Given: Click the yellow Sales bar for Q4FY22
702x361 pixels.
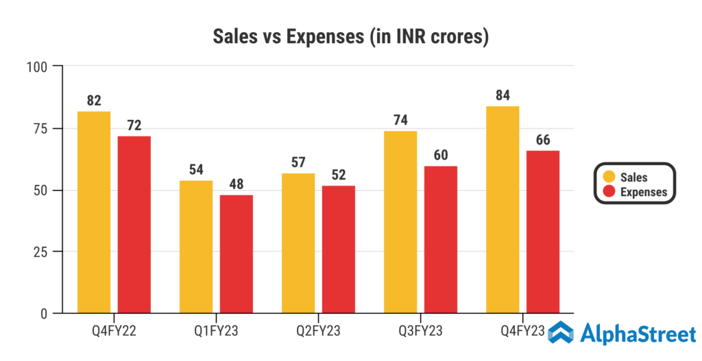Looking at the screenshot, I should tap(94, 212).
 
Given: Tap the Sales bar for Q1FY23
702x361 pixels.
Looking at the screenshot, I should tap(196, 247).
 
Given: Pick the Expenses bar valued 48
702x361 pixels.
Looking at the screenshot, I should tap(237, 254).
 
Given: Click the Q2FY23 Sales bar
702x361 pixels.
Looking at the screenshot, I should tap(298, 243).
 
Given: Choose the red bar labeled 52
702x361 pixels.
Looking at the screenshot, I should tap(339, 249).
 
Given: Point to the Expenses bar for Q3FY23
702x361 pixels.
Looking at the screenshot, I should tap(441, 240).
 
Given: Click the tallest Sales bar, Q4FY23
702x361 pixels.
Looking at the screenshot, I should tap(503, 210).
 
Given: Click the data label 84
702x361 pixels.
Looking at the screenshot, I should tap(503, 95).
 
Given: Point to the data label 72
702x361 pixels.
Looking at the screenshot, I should tap(134, 125).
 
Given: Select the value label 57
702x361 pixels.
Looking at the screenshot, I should tap(298, 162).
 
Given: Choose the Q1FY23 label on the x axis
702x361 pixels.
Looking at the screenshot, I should tap(216, 332).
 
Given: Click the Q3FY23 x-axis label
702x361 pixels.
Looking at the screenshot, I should tap(420, 332).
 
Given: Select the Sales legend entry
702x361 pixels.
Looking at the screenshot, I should tap(633, 177).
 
